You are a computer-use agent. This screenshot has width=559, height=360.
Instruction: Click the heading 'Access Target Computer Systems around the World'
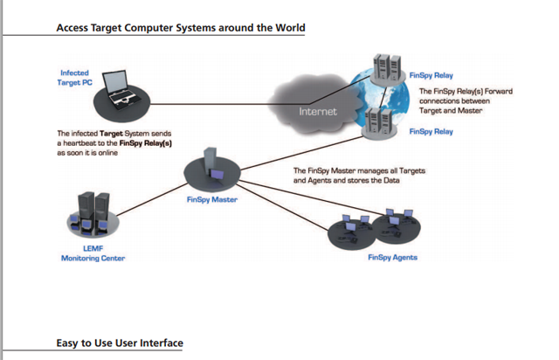coord(181,28)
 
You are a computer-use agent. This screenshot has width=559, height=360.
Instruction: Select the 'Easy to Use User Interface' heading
coord(120,343)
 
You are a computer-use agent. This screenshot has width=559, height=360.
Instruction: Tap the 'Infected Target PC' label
coord(74,78)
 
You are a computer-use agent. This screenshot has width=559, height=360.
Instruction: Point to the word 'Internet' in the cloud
coord(317,112)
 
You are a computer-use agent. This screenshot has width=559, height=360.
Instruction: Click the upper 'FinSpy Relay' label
coord(431,76)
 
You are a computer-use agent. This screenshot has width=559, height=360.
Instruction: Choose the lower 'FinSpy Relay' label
coord(431,131)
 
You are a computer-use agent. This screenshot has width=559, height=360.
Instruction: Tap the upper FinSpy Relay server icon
coord(385,67)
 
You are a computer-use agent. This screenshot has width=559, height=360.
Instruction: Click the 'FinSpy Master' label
coord(212,200)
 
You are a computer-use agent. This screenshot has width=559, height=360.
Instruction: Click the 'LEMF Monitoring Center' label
coord(93,253)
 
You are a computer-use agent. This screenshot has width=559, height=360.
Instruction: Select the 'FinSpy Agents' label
coord(392,258)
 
